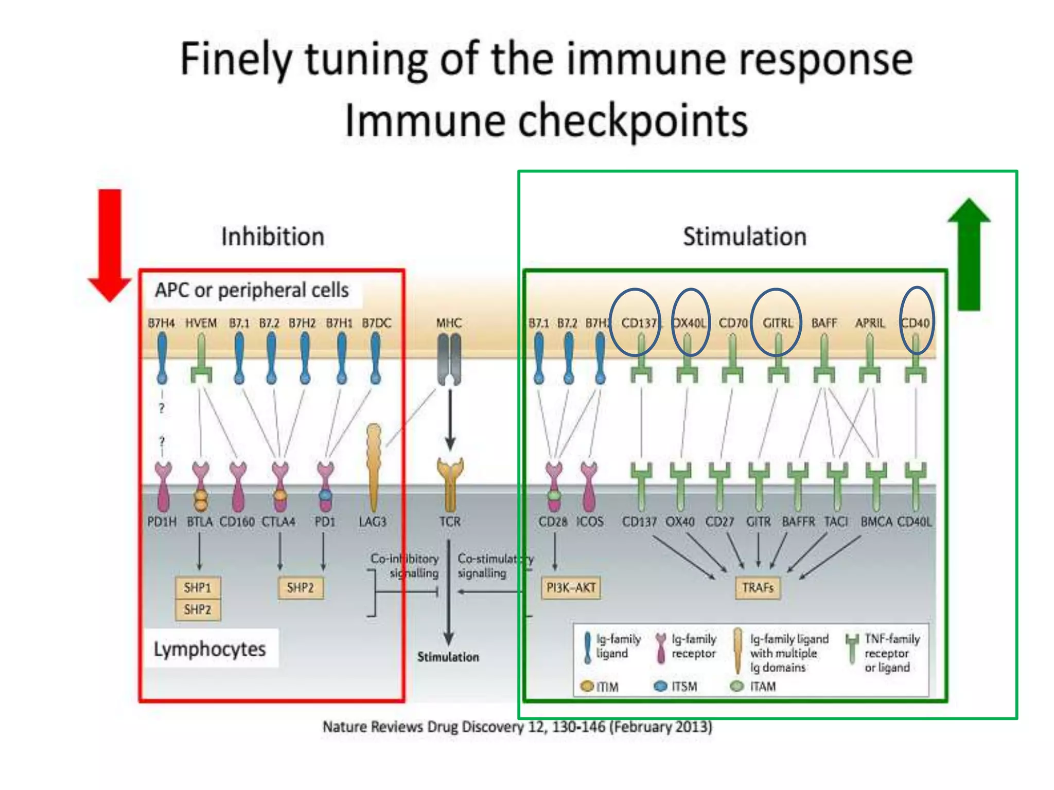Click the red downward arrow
click(x=110, y=242)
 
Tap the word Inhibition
click(x=273, y=237)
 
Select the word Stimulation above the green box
click(x=744, y=237)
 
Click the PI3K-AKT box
click(x=571, y=588)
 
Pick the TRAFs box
click(x=758, y=588)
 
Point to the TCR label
click(x=450, y=522)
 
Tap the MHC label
click(x=449, y=323)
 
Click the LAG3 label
click(x=372, y=522)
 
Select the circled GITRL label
click(x=777, y=323)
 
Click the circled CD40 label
click(x=916, y=323)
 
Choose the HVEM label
click(x=201, y=323)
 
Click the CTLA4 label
click(x=278, y=522)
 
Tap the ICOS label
click(x=589, y=522)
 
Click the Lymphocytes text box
click(x=210, y=649)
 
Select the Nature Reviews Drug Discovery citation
click(x=517, y=727)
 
